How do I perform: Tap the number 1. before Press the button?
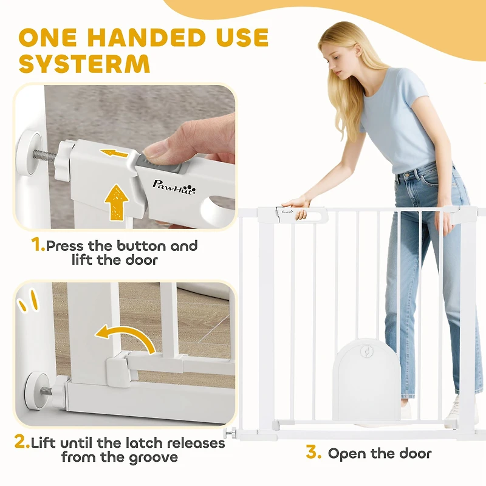(x=38, y=246)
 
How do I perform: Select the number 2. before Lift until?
(x=22, y=442)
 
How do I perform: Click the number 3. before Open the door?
(x=313, y=453)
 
